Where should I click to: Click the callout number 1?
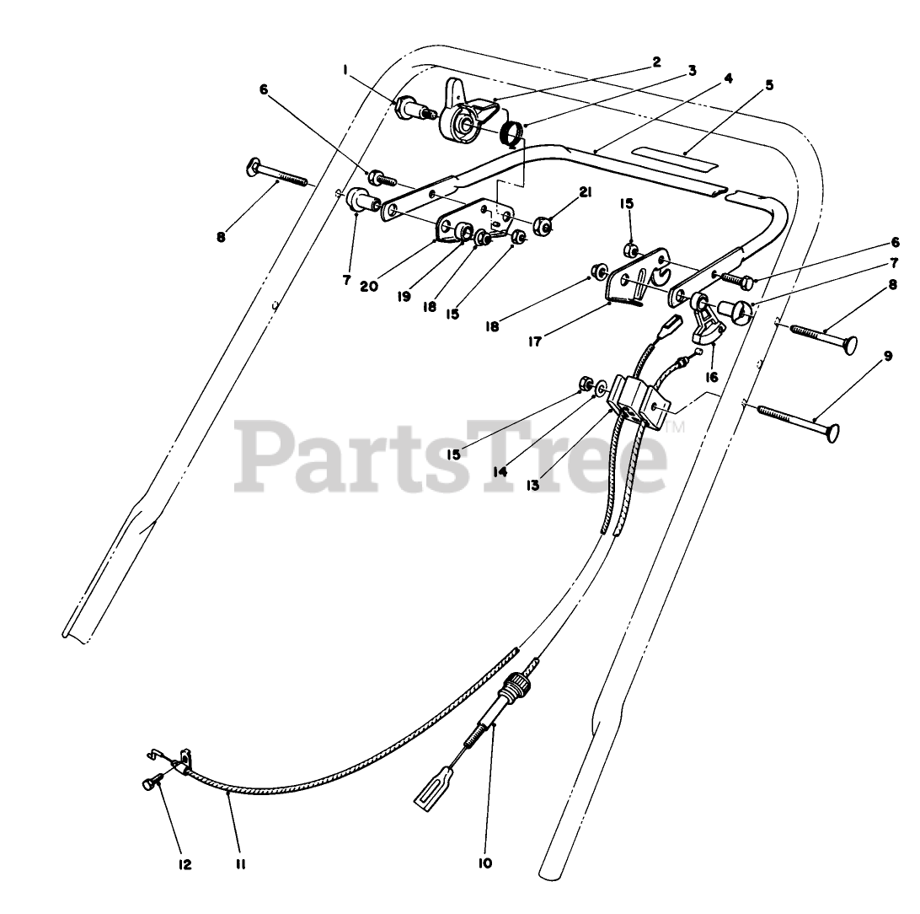point(346,71)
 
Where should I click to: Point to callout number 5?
point(768,85)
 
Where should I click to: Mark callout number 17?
point(536,341)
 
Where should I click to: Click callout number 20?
point(368,286)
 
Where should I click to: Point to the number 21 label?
point(584,192)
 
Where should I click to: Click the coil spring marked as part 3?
point(510,133)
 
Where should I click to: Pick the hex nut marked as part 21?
point(544,226)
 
